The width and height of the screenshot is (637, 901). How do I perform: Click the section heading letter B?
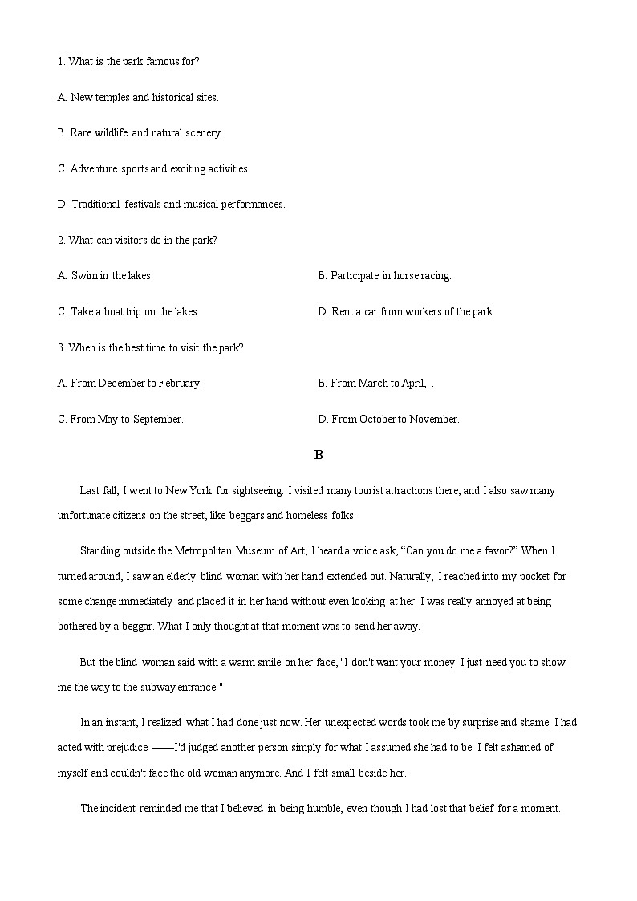[318, 455]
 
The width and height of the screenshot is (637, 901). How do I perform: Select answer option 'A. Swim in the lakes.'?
[105, 275]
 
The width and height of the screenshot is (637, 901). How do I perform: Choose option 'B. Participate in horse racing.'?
[384, 275]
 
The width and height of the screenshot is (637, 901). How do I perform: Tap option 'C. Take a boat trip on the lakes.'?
[128, 311]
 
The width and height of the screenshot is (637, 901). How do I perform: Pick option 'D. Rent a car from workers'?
[406, 311]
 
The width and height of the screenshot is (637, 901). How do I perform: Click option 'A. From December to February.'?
[129, 383]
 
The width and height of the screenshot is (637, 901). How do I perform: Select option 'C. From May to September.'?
[120, 419]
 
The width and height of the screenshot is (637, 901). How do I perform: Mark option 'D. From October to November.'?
[388, 419]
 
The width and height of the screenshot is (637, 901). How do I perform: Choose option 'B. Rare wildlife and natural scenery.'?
[140, 132]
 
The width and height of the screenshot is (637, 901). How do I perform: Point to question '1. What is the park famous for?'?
[128, 61]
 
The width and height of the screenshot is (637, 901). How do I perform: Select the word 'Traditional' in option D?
[95, 204]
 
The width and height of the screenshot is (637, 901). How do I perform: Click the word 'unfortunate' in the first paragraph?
[85, 515]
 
